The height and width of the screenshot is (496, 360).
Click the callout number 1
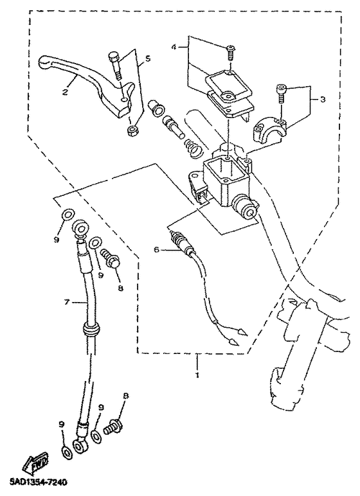[197, 375]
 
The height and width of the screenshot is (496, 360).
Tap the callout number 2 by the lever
[65, 92]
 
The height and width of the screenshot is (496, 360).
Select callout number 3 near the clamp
[322, 100]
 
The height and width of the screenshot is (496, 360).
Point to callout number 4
[173, 47]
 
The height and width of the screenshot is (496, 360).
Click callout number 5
[148, 59]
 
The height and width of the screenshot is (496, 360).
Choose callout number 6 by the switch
[156, 250]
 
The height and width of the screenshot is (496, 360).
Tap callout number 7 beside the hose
[66, 303]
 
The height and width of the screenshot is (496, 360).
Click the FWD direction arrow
[35, 463]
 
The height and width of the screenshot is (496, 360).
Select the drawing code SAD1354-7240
[35, 483]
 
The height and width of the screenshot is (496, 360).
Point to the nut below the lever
[130, 130]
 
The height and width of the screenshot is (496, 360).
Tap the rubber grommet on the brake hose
[90, 330]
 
